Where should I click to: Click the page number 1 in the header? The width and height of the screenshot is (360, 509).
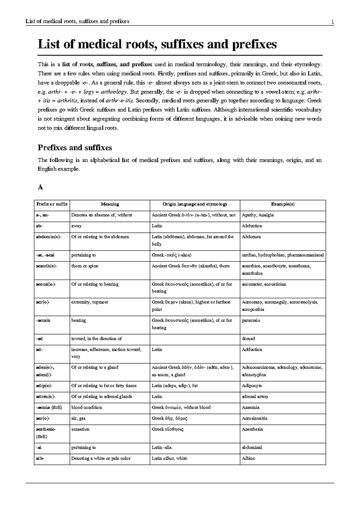(332, 22)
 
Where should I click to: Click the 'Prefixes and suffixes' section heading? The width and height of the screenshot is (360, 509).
(75, 148)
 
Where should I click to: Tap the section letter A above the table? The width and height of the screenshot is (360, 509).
(40, 188)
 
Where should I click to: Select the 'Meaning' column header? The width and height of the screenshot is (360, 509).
(110, 204)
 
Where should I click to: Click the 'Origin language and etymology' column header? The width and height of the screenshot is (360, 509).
(195, 204)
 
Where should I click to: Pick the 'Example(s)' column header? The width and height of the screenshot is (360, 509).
(283, 204)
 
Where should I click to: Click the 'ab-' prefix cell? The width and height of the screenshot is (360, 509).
(40, 226)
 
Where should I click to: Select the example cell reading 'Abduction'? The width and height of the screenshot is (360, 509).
(252, 226)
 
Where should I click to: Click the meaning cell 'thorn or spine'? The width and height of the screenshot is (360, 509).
(85, 266)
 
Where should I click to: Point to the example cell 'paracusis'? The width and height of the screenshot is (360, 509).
(251, 321)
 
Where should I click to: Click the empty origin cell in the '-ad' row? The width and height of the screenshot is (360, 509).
(195, 339)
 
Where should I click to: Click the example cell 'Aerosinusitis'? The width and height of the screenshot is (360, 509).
(254, 418)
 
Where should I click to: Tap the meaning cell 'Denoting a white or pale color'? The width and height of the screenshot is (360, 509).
(101, 459)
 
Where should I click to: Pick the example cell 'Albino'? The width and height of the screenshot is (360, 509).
(248, 459)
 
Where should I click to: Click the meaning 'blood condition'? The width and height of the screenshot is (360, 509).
(86, 408)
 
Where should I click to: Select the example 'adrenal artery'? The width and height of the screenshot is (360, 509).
(255, 397)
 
